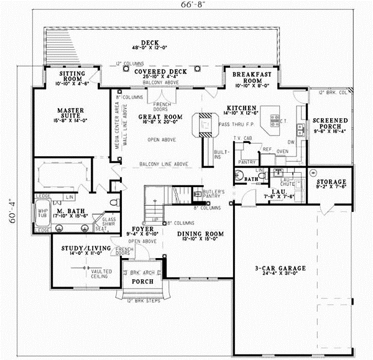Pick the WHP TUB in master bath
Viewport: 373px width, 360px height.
pos(42,211)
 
